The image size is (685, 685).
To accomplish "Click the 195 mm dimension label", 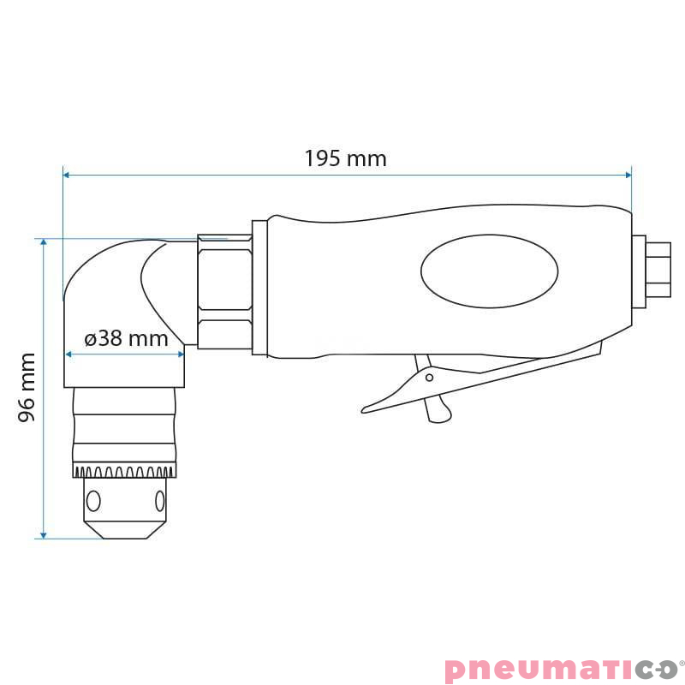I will (x=345, y=158).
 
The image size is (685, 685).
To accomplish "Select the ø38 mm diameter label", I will (x=127, y=338).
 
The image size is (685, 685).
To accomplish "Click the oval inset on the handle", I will (x=489, y=271).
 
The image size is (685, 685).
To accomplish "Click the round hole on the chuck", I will (x=94, y=500).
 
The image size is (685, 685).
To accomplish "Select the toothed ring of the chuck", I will (x=125, y=471).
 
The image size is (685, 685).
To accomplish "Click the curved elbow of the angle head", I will (x=103, y=274).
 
